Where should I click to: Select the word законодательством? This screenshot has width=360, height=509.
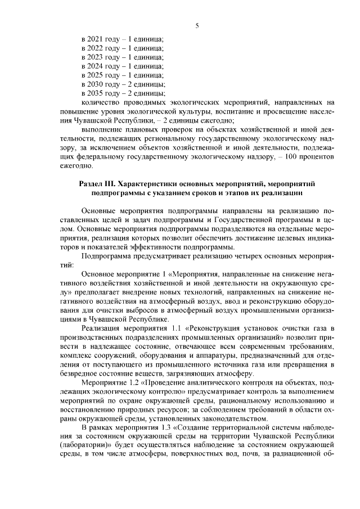coord(229,418)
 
